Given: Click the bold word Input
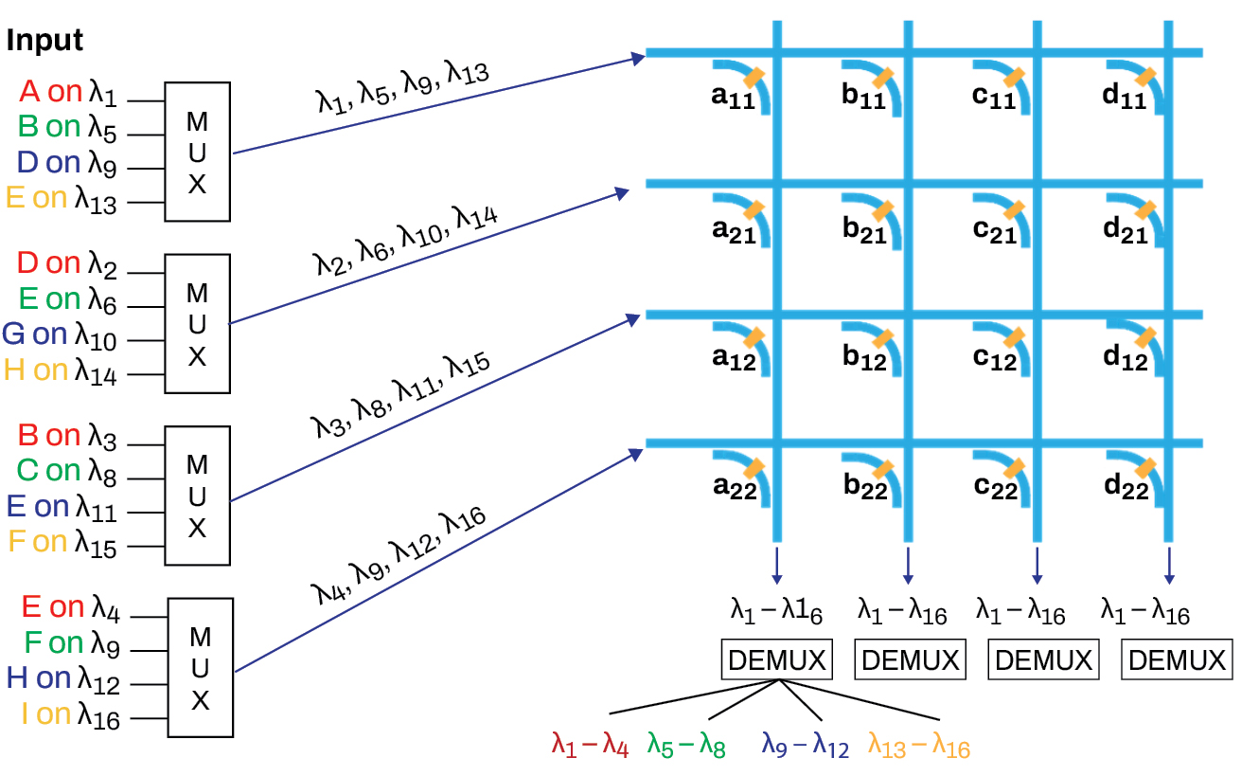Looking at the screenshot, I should coord(44,41).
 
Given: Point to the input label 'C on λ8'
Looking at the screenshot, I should coord(67,472).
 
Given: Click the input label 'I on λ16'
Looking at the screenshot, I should coord(70,715).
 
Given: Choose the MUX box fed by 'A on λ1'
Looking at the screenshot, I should coord(197,152).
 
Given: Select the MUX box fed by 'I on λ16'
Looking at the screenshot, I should coord(200,667).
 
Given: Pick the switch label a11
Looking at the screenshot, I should coord(735,99).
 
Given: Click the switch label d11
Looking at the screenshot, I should coord(1125,99).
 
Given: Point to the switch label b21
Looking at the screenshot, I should coord(865,231).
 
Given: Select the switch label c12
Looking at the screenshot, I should coord(995,358).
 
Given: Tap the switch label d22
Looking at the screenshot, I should coord(1126,487).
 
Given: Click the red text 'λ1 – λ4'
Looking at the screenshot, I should coord(590,746).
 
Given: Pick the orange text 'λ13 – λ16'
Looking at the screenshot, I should coord(918,746).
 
